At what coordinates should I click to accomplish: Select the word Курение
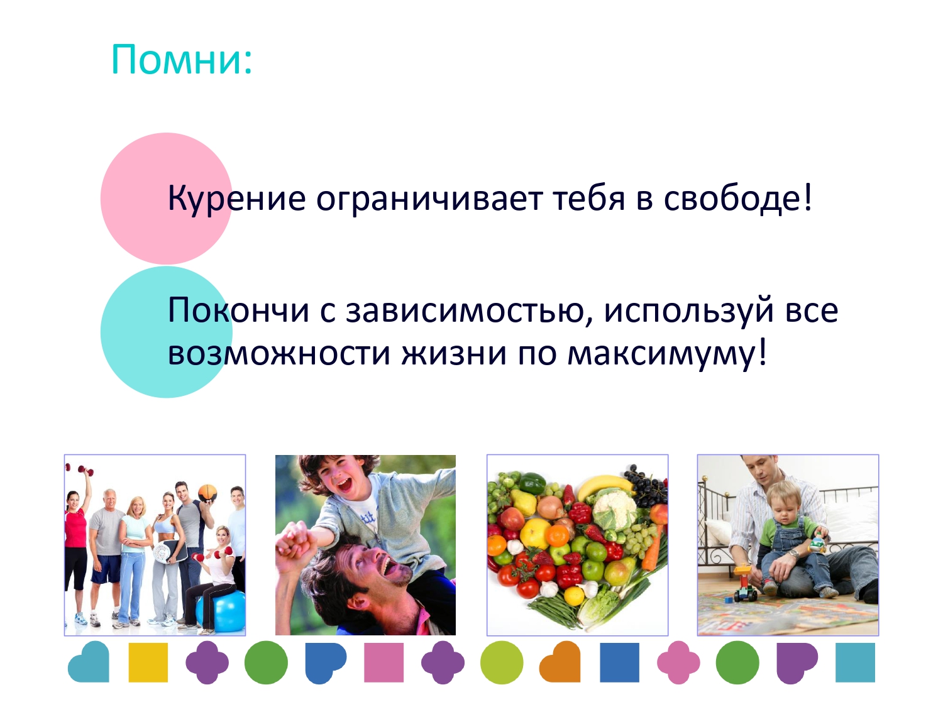point(237,198)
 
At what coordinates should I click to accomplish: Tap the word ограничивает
point(429,198)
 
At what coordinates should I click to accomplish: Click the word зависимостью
point(469,309)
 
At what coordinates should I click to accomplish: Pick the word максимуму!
point(667,354)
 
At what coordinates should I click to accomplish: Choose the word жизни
point(454,354)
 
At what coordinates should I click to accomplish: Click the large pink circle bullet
point(166,199)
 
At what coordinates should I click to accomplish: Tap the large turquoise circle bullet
point(166,332)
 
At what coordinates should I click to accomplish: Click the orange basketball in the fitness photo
point(207,493)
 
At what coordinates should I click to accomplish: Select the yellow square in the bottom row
point(148,662)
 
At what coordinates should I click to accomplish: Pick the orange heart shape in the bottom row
point(560,662)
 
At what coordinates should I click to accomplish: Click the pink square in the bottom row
point(383,662)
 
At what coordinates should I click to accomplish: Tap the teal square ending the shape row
point(855,662)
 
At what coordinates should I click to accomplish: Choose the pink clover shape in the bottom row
point(678,662)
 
